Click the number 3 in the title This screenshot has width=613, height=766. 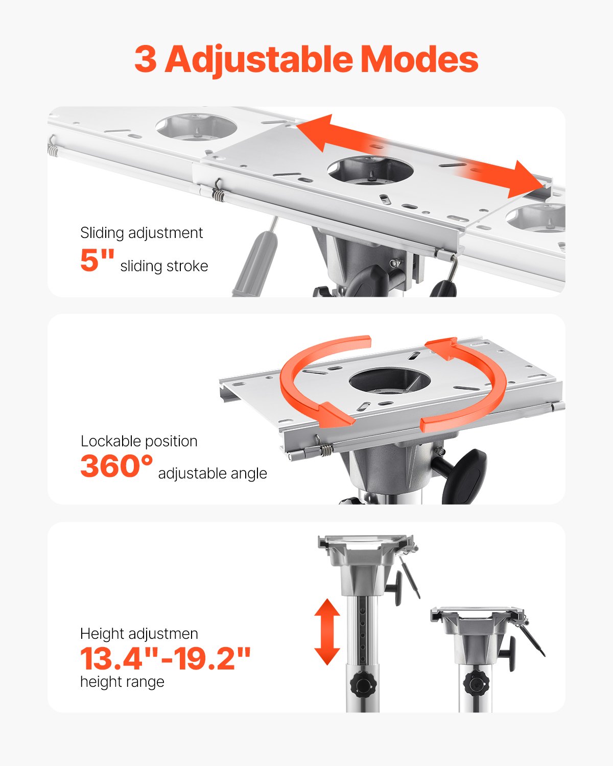(x=146, y=60)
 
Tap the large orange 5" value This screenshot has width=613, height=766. (x=97, y=260)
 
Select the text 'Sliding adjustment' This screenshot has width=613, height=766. (x=142, y=233)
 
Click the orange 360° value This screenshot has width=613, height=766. (x=116, y=466)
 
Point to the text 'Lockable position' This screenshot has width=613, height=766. (x=139, y=441)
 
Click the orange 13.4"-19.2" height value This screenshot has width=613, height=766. (x=166, y=658)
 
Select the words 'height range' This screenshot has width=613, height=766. (x=122, y=682)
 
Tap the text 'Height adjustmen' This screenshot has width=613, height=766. (x=139, y=634)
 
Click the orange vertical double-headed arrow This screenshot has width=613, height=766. (x=327, y=632)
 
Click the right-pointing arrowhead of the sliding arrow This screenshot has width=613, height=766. (x=526, y=180)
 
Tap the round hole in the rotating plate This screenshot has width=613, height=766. (x=390, y=381)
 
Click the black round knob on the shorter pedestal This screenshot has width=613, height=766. (x=476, y=683)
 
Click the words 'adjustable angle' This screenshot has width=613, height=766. (x=213, y=473)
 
